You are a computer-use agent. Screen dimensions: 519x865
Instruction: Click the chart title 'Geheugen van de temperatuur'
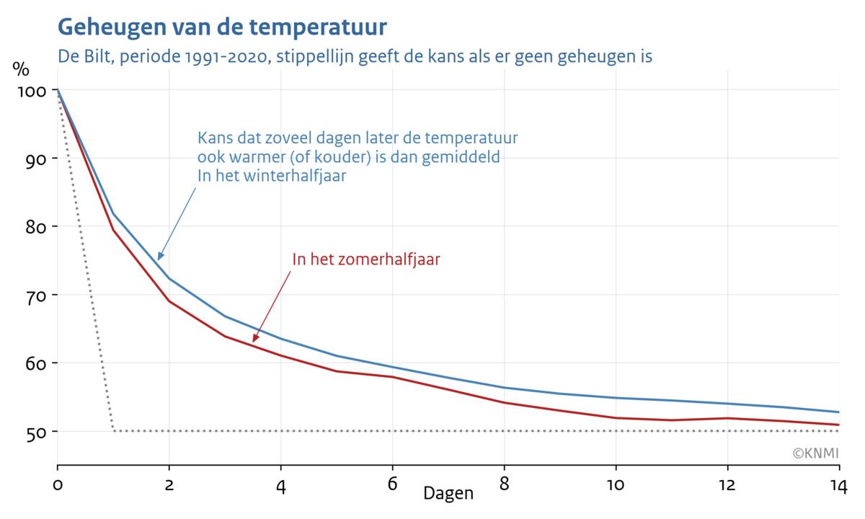tap(222, 27)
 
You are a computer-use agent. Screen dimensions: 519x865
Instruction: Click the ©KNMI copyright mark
tap(815, 453)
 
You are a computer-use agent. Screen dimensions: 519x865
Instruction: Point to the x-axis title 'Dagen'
tap(448, 494)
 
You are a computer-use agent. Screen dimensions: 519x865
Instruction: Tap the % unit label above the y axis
tap(21, 70)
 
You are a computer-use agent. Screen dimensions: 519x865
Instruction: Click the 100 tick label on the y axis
tap(29, 91)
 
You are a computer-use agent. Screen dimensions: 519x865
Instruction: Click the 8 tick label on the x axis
tap(504, 485)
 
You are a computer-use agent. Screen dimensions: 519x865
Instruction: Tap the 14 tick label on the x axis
tap(838, 485)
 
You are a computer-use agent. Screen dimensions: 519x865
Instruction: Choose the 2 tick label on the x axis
tap(169, 485)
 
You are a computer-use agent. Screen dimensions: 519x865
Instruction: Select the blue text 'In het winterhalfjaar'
tap(272, 176)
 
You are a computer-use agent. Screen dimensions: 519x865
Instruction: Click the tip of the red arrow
tap(253, 342)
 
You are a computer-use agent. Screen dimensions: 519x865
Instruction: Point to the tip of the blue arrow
tap(159, 259)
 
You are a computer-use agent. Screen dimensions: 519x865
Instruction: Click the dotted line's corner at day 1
tap(113, 431)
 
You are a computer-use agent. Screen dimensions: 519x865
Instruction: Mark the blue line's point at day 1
tap(113, 214)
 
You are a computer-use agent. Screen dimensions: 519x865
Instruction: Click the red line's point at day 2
tap(169, 301)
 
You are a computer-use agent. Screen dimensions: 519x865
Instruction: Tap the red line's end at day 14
tap(838, 425)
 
